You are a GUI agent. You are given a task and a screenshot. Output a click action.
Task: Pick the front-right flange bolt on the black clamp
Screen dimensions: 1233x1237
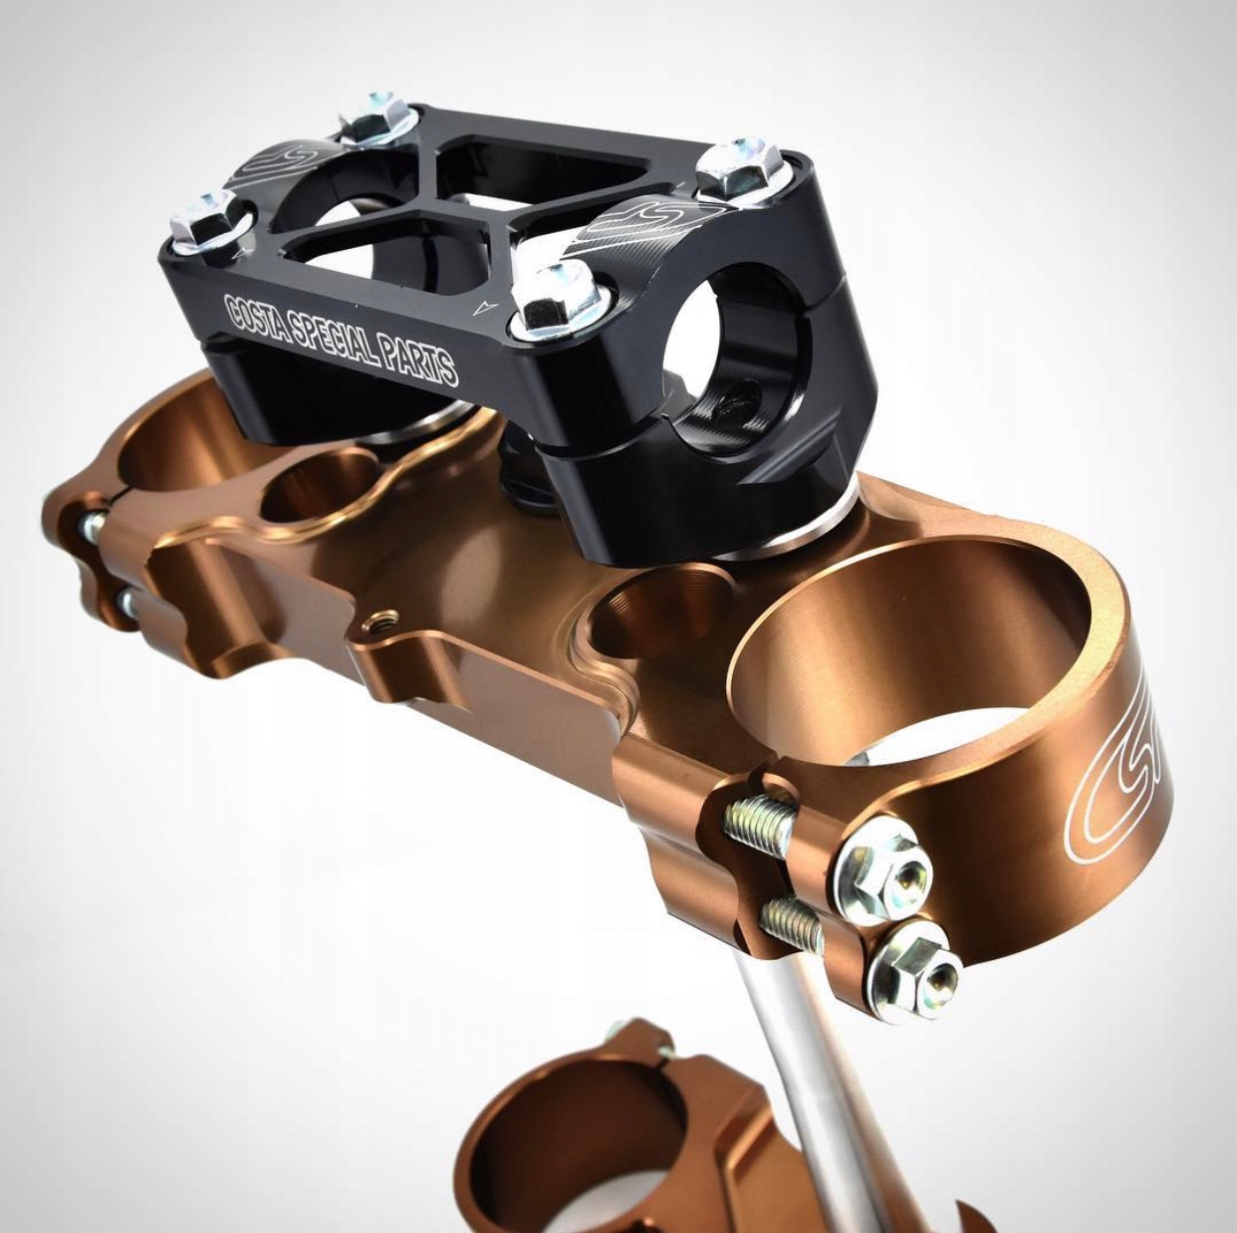pos(551,299)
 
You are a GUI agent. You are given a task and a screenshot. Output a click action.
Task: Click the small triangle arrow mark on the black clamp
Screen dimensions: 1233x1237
pos(486,307)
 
